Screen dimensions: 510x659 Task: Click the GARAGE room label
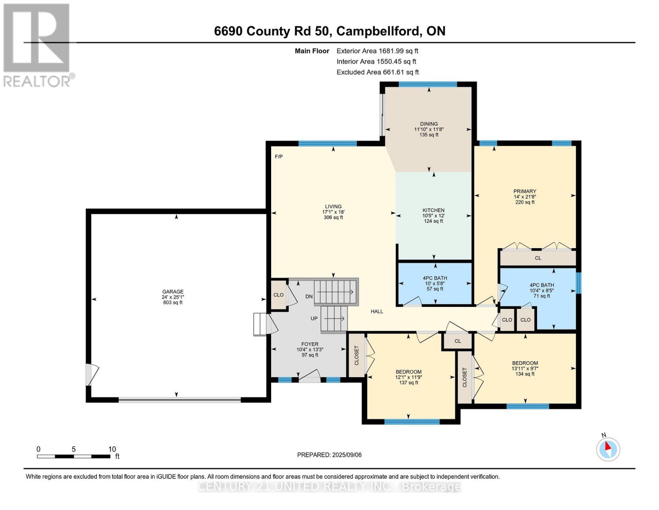[173, 292]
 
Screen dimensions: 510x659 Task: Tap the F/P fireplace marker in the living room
[279, 156]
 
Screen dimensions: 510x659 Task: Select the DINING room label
[429, 124]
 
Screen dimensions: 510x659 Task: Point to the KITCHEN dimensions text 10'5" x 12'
[433, 215]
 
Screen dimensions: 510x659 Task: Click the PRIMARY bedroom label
[525, 191]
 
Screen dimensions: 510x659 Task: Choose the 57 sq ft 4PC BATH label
[435, 278]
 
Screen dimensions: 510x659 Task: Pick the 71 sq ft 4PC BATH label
[541, 286]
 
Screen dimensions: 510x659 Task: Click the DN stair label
[309, 296]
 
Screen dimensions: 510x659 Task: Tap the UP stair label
[314, 318]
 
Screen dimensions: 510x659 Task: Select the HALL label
[377, 312]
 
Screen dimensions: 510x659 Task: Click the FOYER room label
[310, 344]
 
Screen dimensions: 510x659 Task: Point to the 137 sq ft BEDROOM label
[409, 371]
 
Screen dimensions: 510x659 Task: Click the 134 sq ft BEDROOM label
[525, 363]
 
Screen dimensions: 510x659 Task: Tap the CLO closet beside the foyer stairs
[278, 295]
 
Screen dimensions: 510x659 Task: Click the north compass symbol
[608, 449]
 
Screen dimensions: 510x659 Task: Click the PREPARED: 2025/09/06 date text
[329, 455]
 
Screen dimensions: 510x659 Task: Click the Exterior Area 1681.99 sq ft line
[377, 51]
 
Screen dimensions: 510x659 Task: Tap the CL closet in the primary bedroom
[538, 258]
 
